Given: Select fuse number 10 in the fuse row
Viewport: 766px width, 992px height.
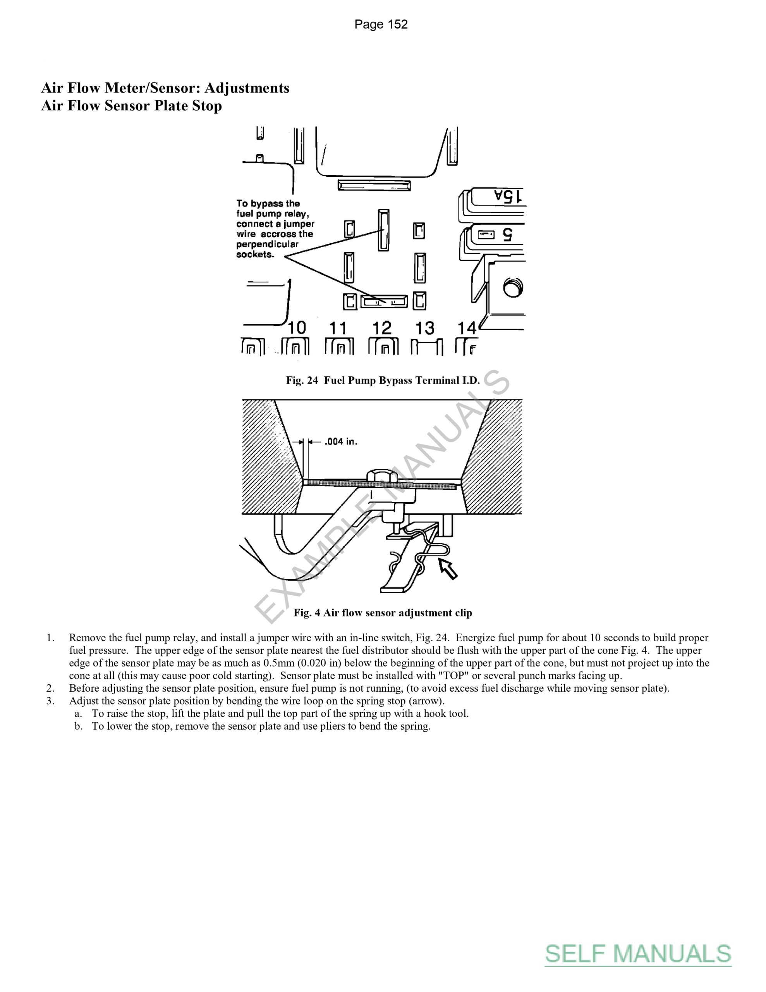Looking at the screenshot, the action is click(x=297, y=327).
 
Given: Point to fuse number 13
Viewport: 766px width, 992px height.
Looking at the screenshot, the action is click(x=425, y=327).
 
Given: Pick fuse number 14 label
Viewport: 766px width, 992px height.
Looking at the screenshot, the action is click(x=467, y=327).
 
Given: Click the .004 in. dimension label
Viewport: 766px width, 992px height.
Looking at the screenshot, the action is click(x=340, y=441).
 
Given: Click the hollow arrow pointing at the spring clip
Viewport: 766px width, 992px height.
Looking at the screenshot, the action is click(x=447, y=568).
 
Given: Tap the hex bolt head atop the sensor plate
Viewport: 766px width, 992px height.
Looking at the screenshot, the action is click(x=382, y=475).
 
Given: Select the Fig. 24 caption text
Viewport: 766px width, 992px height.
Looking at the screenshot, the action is click(x=383, y=381).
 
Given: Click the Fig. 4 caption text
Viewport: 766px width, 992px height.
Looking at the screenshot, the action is click(x=383, y=613).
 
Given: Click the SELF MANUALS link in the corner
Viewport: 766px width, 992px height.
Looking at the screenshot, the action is click(x=638, y=953).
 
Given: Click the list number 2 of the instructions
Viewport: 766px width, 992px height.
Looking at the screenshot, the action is click(x=50, y=688).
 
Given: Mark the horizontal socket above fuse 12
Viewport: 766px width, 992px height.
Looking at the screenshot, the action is click(x=384, y=301).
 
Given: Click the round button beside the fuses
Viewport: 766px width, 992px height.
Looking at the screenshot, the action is click(x=513, y=288).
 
